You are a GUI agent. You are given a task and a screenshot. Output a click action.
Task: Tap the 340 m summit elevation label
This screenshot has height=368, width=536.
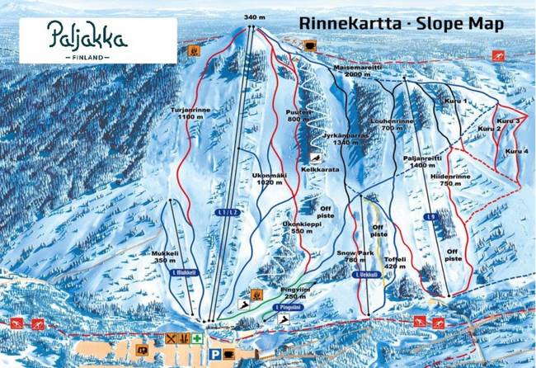pyautogui.click(x=256, y=17)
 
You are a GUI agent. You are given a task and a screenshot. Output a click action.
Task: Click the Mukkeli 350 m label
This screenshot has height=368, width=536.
pyautogui.click(x=165, y=257)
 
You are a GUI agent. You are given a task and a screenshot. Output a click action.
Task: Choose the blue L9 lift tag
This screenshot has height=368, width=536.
pyautogui.click(x=430, y=218)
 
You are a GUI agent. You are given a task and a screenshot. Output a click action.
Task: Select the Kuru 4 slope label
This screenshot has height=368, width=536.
pyautogui.click(x=516, y=152)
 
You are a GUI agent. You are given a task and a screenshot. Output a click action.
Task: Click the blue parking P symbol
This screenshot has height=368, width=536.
pyautogui.click(x=215, y=354)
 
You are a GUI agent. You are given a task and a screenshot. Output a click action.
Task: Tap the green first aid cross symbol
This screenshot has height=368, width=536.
pyautogui.click(x=198, y=338)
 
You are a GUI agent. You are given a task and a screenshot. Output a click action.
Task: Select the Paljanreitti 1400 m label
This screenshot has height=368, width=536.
pyautogui.click(x=427, y=162)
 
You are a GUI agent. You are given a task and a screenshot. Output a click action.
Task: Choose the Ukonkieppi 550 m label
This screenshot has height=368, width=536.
pyautogui.click(x=298, y=227)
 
